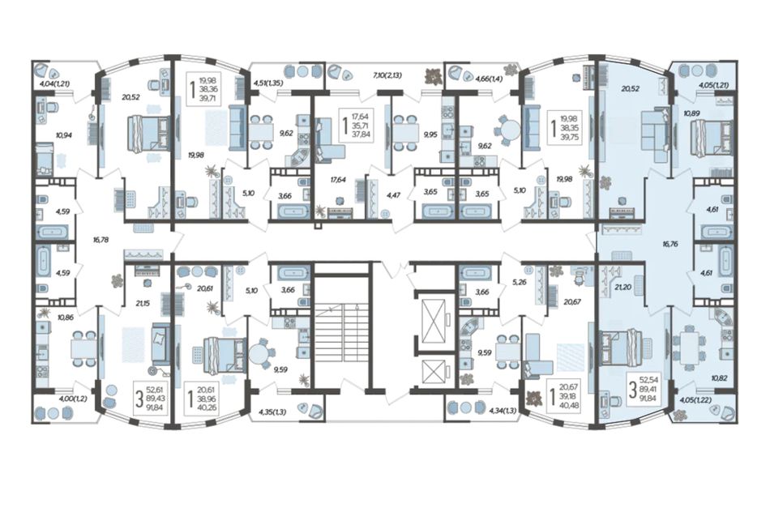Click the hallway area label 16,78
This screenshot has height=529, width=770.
[101, 240]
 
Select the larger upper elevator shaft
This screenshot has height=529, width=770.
[433, 319]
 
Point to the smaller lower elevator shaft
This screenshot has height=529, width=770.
[433, 372]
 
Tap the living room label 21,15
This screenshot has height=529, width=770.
[143, 304]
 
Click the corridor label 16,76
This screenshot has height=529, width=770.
[669, 243]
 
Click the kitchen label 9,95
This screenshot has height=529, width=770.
[430, 134]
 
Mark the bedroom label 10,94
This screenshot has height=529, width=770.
[64, 135]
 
